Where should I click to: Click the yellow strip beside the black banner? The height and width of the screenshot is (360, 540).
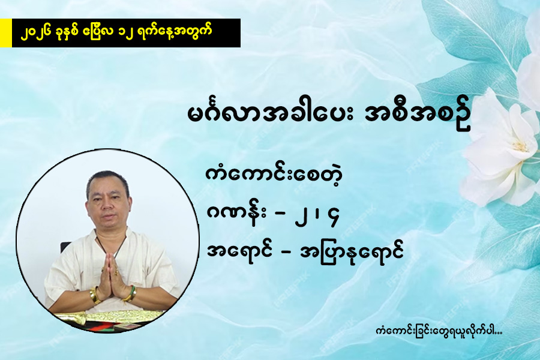coord(6,33)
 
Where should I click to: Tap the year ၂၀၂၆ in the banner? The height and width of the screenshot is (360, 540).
coord(37,32)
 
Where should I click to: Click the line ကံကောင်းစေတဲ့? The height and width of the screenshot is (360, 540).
coord(274,175)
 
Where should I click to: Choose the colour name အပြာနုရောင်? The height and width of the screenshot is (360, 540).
coord(352,253)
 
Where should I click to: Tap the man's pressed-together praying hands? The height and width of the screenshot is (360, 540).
coord(110,271)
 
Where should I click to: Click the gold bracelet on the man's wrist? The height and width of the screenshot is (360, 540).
coord(94,295)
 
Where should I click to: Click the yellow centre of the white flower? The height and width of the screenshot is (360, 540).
coord(519,147)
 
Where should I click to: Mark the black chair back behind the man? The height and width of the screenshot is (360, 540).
coord(65,247)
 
